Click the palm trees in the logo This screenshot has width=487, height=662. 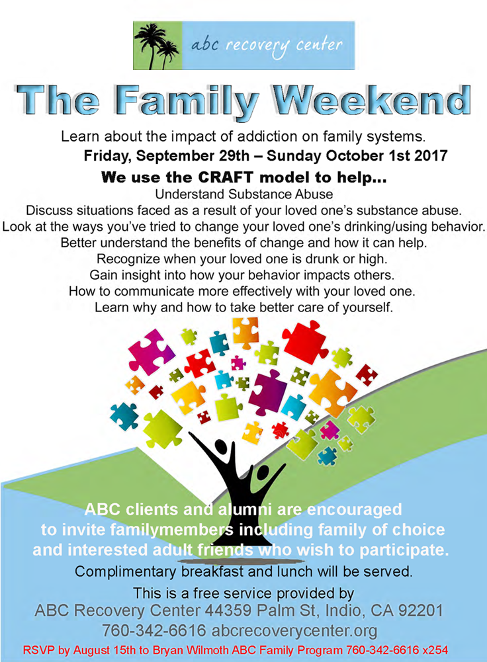(x=157, y=46)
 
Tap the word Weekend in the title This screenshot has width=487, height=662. (x=372, y=101)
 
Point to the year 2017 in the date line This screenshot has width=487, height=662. (x=430, y=156)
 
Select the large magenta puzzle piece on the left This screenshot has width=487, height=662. (x=152, y=351)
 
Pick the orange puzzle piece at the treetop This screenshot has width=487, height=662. (x=245, y=332)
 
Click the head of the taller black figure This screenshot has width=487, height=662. (x=222, y=446)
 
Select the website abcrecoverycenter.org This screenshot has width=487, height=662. (x=294, y=631)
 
